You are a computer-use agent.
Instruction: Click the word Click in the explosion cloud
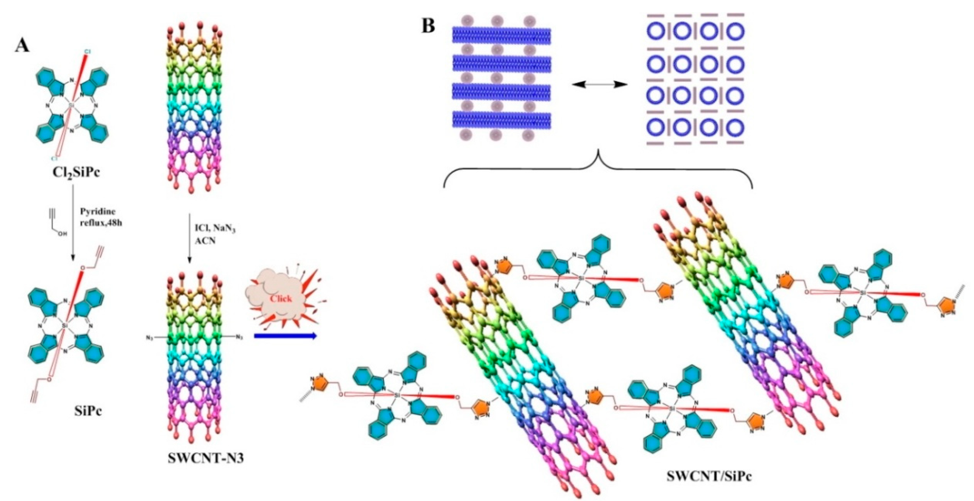tap(281, 298)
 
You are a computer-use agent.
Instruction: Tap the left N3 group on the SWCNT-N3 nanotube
tap(150, 336)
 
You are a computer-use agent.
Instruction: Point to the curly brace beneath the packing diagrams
tap(597, 166)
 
